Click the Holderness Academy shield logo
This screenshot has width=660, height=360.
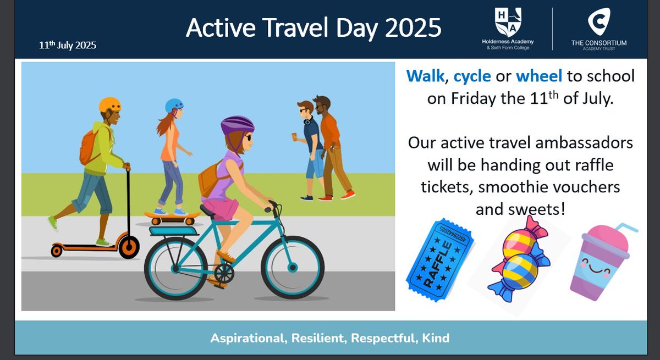(x=508, y=22)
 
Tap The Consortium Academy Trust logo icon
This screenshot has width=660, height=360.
(x=599, y=21)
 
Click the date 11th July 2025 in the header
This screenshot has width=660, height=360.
(x=68, y=45)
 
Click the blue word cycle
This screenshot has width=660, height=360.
(x=472, y=76)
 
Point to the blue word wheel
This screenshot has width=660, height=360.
(x=539, y=76)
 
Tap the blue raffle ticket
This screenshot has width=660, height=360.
(x=439, y=260)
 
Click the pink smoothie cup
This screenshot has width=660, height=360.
(x=601, y=262)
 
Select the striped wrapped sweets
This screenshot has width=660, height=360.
(x=519, y=260)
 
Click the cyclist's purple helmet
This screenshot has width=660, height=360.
(x=238, y=125)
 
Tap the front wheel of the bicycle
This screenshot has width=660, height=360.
(x=293, y=267)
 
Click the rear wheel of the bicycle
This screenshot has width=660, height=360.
(x=176, y=268)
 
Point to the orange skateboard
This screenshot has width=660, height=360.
(x=172, y=217)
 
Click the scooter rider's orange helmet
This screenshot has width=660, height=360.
(x=109, y=105)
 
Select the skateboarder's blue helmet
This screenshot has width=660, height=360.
(x=174, y=106)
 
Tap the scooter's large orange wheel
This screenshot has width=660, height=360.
(x=129, y=247)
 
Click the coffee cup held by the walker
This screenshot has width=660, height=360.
(x=294, y=137)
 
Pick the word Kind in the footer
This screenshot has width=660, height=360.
(x=436, y=338)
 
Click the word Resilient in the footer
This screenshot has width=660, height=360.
(x=319, y=338)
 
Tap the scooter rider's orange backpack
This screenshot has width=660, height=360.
(x=89, y=147)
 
